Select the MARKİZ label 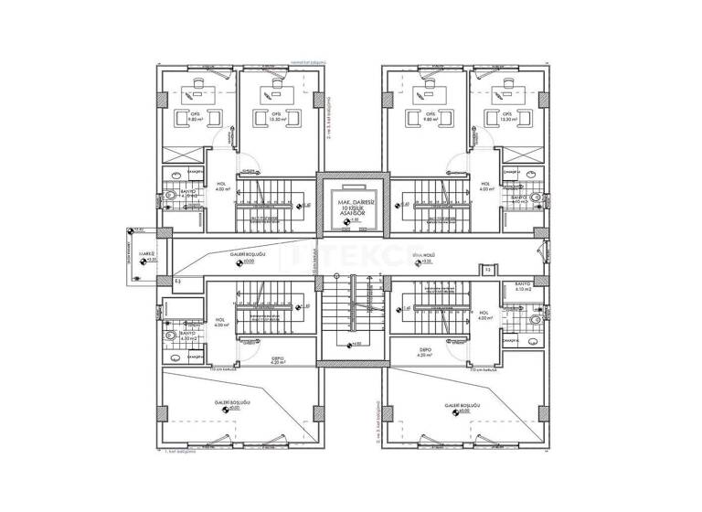point(144,253)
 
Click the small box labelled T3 point(488,271)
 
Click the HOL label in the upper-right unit point(486,183)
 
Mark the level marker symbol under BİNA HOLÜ point(416,262)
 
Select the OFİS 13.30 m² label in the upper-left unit point(275,117)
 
